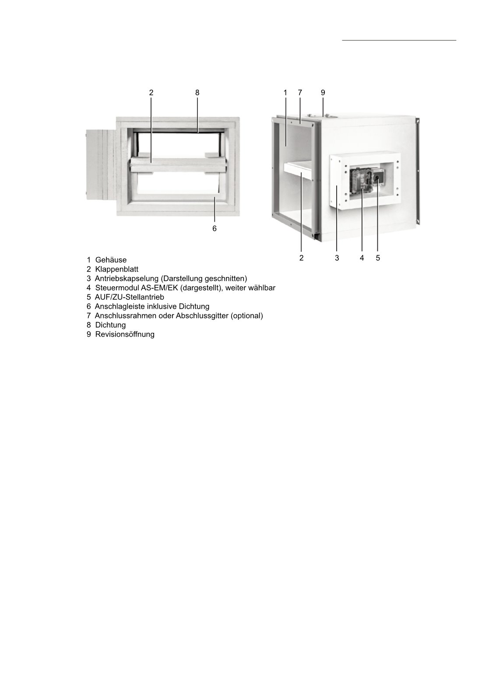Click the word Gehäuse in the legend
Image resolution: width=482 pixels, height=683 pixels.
pyautogui.click(x=111, y=260)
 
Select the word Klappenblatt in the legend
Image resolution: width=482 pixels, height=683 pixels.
pyautogui.click(x=116, y=269)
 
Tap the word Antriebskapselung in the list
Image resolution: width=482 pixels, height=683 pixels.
pyautogui.click(x=126, y=279)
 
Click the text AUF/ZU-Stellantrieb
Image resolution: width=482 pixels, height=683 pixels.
pyautogui.click(x=129, y=297)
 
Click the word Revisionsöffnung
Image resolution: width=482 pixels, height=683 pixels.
pyautogui.click(x=125, y=335)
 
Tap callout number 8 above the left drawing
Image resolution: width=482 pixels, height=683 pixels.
pyautogui.click(x=197, y=93)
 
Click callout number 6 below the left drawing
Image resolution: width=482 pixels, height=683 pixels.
pyautogui.click(x=215, y=229)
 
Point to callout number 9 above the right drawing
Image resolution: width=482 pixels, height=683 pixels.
pyautogui.click(x=323, y=93)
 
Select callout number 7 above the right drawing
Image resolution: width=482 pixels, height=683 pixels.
pyautogui.click(x=300, y=93)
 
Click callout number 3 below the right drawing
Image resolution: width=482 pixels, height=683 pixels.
pyautogui.click(x=337, y=258)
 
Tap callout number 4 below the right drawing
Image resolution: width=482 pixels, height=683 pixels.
pyautogui.click(x=362, y=258)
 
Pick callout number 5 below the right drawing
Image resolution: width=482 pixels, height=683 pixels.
pyautogui.click(x=378, y=258)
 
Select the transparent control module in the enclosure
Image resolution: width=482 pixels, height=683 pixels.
pyautogui.click(x=361, y=181)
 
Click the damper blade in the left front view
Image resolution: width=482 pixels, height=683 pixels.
pyautogui.click(x=178, y=166)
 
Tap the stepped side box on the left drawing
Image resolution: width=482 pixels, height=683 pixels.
pyautogui.click(x=101, y=163)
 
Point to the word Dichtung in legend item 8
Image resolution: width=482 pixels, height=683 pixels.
pyautogui.click(x=110, y=325)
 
